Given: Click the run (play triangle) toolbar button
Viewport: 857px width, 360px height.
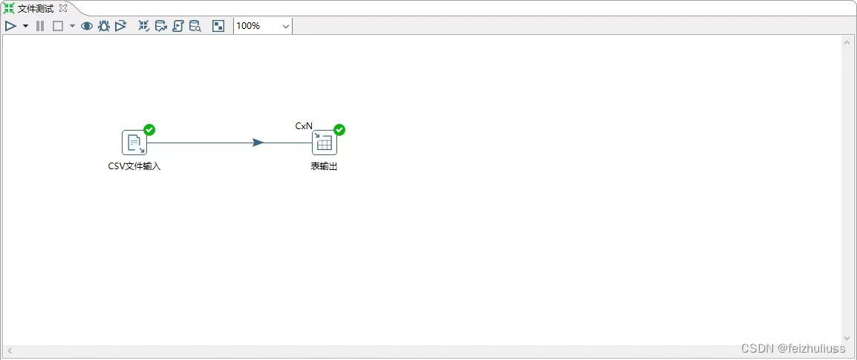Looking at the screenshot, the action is (x=10, y=26).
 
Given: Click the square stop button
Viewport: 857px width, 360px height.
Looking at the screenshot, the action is (x=57, y=26).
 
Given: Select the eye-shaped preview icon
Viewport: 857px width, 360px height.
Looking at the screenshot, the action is (x=87, y=26).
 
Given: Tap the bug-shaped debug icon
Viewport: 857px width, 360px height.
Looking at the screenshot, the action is (x=103, y=26).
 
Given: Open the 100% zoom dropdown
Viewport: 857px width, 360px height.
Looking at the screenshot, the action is (x=263, y=26).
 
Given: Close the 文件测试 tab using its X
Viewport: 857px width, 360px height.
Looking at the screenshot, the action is (x=63, y=8).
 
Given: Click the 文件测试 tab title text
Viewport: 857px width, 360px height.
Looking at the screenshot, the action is (x=36, y=8).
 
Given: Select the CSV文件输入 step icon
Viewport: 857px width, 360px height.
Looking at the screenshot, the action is (x=134, y=143).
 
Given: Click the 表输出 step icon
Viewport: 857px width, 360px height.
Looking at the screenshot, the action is (x=325, y=143).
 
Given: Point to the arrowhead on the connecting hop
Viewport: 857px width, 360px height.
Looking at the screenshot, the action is (x=258, y=143).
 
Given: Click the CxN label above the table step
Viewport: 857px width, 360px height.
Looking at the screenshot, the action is (x=304, y=126).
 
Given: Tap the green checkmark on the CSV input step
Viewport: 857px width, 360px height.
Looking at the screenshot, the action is (x=149, y=130).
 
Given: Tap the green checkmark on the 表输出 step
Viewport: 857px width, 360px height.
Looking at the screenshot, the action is (x=339, y=130).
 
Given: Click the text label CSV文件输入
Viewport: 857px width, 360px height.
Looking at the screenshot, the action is (x=134, y=166).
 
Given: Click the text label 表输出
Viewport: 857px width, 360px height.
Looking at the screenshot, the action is (x=324, y=166).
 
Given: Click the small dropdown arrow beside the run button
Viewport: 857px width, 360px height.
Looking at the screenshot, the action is (x=25, y=26).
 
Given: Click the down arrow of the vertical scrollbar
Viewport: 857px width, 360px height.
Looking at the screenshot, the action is (x=847, y=338).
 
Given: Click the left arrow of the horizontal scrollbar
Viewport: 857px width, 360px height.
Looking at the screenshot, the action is (x=10, y=350).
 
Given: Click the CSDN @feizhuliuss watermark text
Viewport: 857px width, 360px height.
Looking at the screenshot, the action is (x=793, y=348).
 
